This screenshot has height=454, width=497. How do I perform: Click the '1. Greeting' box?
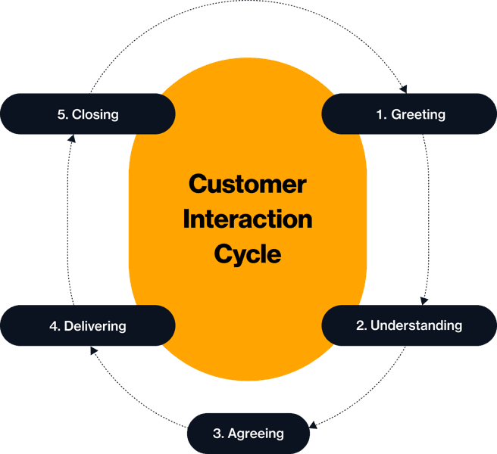(409, 114)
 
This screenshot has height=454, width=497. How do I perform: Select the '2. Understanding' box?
(409, 326)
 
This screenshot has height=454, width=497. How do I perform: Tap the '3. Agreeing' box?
(248, 434)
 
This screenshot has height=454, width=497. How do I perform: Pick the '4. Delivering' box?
(88, 326)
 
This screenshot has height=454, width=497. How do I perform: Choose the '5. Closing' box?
(88, 114)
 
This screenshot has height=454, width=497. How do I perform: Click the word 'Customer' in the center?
(248, 184)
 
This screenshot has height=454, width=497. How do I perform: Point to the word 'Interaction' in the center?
(248, 219)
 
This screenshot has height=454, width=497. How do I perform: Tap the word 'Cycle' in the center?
(248, 253)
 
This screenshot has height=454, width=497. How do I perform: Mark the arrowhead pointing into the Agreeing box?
(314, 426)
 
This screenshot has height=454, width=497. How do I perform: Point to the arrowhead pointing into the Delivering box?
(92, 350)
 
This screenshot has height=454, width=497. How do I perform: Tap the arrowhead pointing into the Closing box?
(70, 138)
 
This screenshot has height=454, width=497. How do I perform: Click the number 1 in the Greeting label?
(380, 115)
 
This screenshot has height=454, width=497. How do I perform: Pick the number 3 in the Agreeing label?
(217, 434)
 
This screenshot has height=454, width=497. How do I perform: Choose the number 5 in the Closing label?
(61, 115)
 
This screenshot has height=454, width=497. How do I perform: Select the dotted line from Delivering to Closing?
(67, 219)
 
